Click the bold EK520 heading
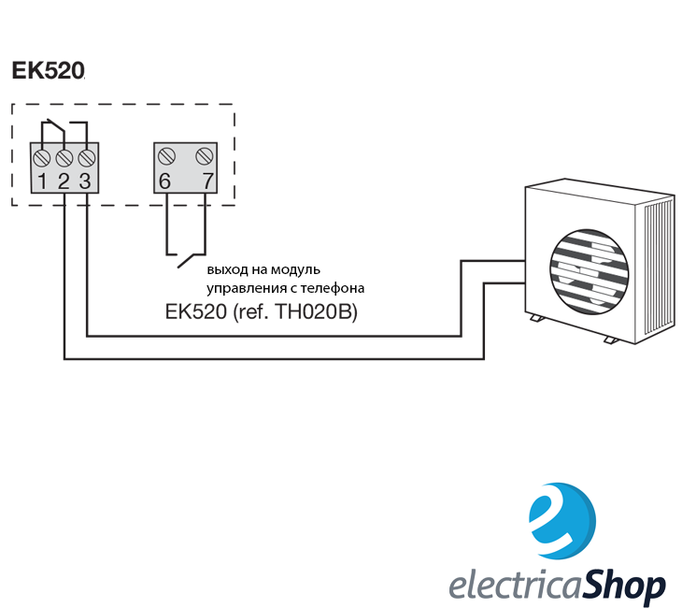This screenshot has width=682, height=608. tap(48, 70)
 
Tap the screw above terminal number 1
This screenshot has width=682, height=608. tap(42, 158)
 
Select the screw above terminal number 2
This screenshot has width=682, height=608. tap(64, 158)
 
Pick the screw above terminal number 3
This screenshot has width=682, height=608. tap(87, 158)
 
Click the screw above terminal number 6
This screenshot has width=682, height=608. tap(166, 156)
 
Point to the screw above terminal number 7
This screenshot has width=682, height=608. tap(205, 156)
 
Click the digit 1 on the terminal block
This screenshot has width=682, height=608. tap(42, 181)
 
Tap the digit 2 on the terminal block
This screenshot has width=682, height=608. tap(64, 181)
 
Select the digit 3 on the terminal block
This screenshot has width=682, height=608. tap(85, 181)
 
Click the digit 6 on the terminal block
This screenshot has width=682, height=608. tap(164, 181)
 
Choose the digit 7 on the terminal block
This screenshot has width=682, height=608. tap(208, 181)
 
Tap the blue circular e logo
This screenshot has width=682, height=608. tap(562, 520)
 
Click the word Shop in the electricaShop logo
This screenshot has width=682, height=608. tap(622, 586)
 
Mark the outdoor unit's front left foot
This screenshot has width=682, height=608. tap(536, 318)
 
